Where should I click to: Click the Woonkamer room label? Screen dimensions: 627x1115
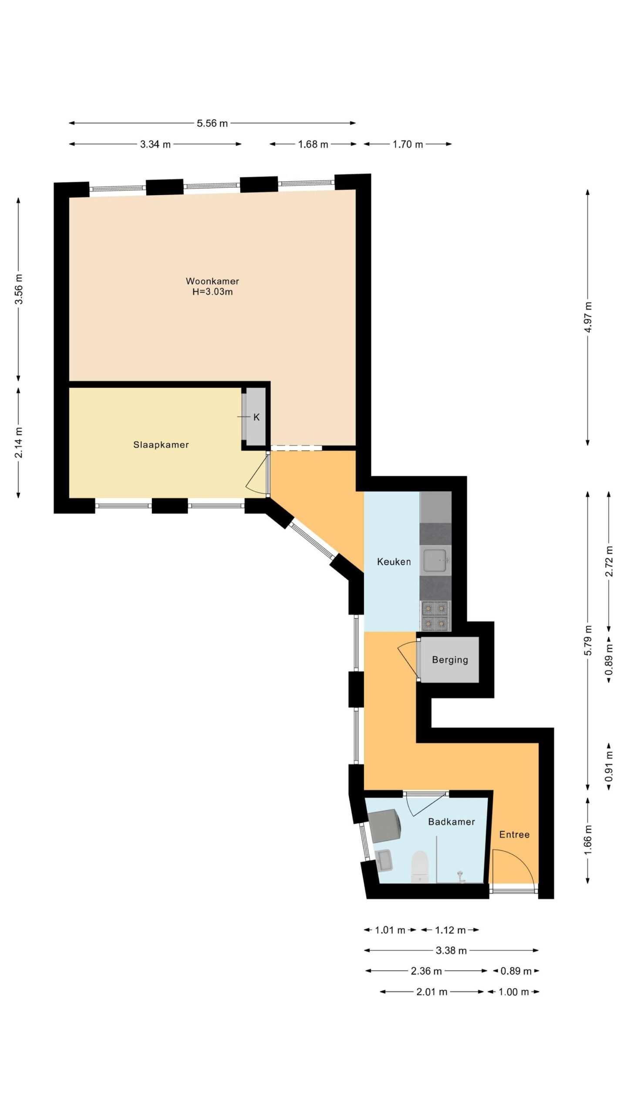(212, 281)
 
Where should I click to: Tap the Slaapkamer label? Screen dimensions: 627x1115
(161, 445)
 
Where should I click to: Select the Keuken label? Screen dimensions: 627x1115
(394, 562)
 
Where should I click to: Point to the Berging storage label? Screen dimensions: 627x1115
(450, 660)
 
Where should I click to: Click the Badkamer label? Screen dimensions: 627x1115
(452, 822)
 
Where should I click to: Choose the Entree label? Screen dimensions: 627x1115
(514, 835)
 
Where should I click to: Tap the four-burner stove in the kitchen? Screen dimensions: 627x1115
(435, 616)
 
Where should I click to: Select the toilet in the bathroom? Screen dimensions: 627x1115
(420, 867)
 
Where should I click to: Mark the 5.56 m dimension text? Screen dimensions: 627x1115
(212, 123)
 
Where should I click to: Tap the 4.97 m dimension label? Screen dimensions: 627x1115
(588, 317)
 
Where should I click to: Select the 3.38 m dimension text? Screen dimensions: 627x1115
(451, 950)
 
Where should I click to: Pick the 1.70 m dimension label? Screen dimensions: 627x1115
(408, 144)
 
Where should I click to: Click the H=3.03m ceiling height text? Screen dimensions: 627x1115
(212, 292)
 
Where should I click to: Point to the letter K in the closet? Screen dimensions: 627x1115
(256, 417)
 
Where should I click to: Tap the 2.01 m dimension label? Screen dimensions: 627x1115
(432, 992)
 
